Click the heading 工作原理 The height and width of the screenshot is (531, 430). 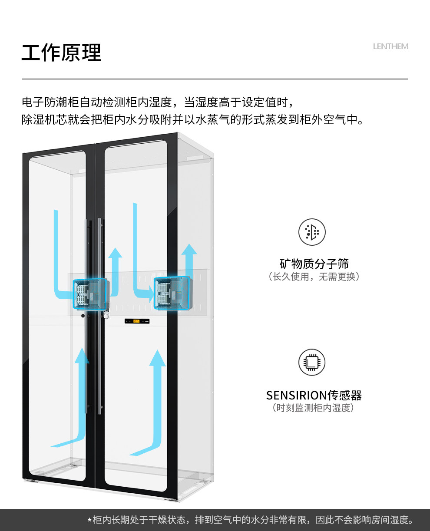click(61, 53)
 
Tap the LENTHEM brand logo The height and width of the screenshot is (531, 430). click(390, 46)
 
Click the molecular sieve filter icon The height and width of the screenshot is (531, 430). click(312, 232)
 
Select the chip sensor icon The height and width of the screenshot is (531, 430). click(312, 362)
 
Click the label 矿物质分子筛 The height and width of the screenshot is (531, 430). click(314, 264)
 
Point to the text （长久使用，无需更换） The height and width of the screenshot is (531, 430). click(314, 277)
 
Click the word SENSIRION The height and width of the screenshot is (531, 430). click(297, 396)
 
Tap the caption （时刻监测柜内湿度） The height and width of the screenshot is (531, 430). click(313, 408)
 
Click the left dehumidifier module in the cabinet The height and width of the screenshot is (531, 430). click(90, 294)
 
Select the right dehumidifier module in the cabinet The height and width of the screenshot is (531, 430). click(173, 293)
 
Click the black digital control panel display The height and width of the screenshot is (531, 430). click(137, 321)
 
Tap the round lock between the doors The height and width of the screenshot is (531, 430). click(106, 316)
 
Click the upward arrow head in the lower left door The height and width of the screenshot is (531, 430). click(82, 356)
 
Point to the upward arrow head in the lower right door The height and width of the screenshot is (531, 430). click(157, 358)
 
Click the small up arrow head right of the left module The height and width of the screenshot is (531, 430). click(115, 253)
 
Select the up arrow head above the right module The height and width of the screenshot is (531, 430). click(189, 249)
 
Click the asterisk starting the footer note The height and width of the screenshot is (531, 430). click(89, 521)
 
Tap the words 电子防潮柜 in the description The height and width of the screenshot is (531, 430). click(50, 102)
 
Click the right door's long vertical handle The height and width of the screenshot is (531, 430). click(100, 317)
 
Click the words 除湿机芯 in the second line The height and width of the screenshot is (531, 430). click(45, 120)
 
